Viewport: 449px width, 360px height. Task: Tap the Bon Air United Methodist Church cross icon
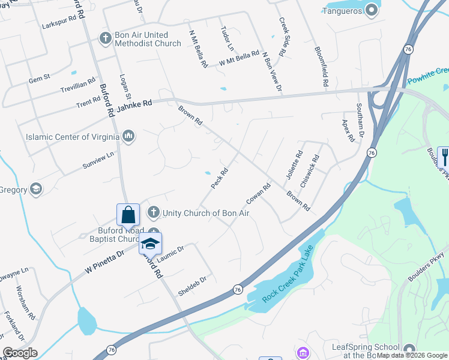[105, 39]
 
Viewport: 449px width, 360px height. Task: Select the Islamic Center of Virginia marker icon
[128, 137]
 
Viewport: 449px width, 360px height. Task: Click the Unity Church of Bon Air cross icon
[154, 212]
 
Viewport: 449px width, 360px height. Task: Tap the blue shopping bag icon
[128, 215]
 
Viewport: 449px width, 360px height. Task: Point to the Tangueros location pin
[372, 10]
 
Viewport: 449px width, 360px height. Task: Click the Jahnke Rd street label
[134, 103]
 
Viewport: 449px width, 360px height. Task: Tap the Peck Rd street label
[219, 179]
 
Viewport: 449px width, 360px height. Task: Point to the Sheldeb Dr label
[192, 287]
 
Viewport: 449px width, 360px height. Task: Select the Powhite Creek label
[427, 76]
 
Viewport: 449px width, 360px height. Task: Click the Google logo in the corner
[20, 353]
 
